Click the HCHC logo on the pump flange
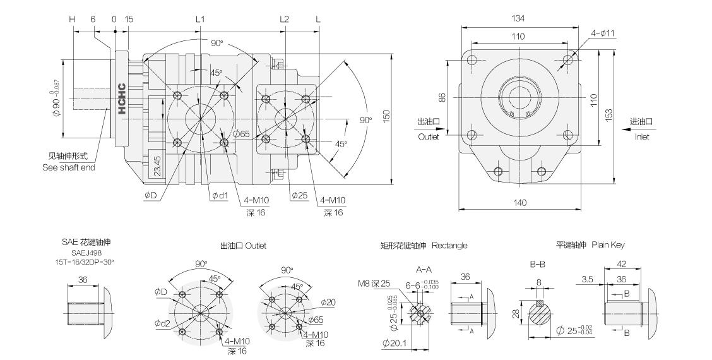click(122, 99)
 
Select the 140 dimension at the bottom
click(519, 203)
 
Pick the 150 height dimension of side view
click(386, 114)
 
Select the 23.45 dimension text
click(157, 167)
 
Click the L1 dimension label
click(200, 19)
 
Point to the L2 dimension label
click(285, 19)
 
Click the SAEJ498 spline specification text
click(86, 251)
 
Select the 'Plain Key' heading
click(608, 244)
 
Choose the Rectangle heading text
click(449, 245)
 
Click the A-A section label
click(424, 268)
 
